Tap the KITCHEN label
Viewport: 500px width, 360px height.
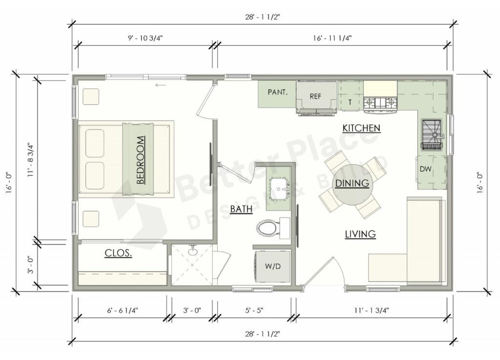click(x=361, y=128)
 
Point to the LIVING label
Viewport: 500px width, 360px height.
click(x=360, y=234)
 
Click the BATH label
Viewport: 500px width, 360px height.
click(x=241, y=210)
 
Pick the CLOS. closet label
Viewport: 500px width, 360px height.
click(x=119, y=254)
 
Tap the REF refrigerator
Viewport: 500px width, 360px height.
click(x=316, y=96)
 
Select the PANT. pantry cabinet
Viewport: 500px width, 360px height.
click(x=277, y=92)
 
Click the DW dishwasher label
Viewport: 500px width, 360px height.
click(x=425, y=169)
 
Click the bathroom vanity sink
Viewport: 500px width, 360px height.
click(x=279, y=187)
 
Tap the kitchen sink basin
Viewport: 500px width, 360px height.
click(x=432, y=130)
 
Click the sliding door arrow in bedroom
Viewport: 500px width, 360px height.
click(x=161, y=85)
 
